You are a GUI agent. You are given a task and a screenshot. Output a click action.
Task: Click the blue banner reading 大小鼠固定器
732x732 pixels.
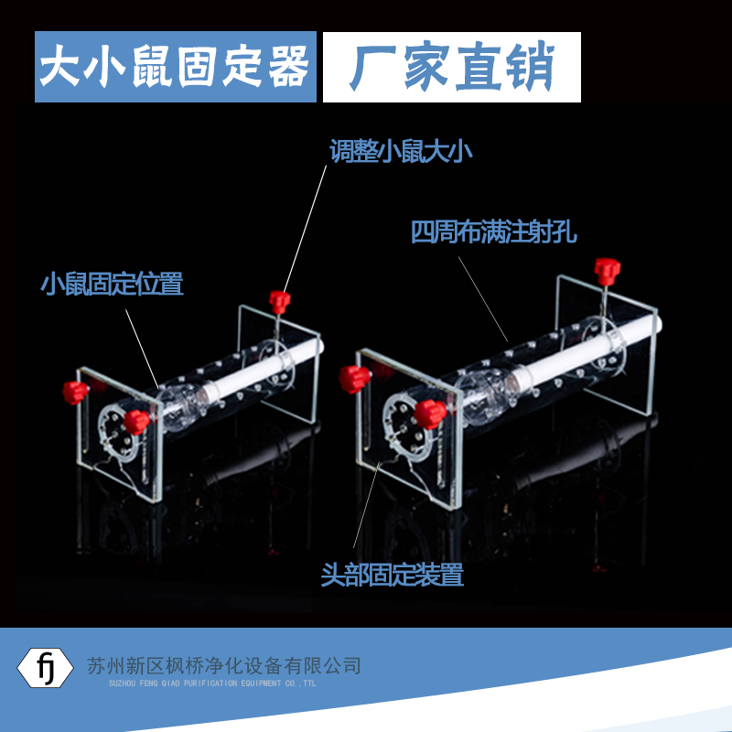[175, 67]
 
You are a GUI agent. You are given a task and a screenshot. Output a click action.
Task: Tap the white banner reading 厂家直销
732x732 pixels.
[452, 67]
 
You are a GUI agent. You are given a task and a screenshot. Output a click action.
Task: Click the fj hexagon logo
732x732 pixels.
[46, 666]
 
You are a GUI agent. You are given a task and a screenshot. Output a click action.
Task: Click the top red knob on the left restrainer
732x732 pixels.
[280, 300]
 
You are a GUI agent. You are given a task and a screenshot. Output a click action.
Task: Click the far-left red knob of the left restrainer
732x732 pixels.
[75, 391]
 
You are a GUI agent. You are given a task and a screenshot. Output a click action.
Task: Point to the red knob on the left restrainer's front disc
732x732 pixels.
[136, 422]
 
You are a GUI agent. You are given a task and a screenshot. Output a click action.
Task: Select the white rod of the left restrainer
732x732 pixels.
[265, 370]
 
